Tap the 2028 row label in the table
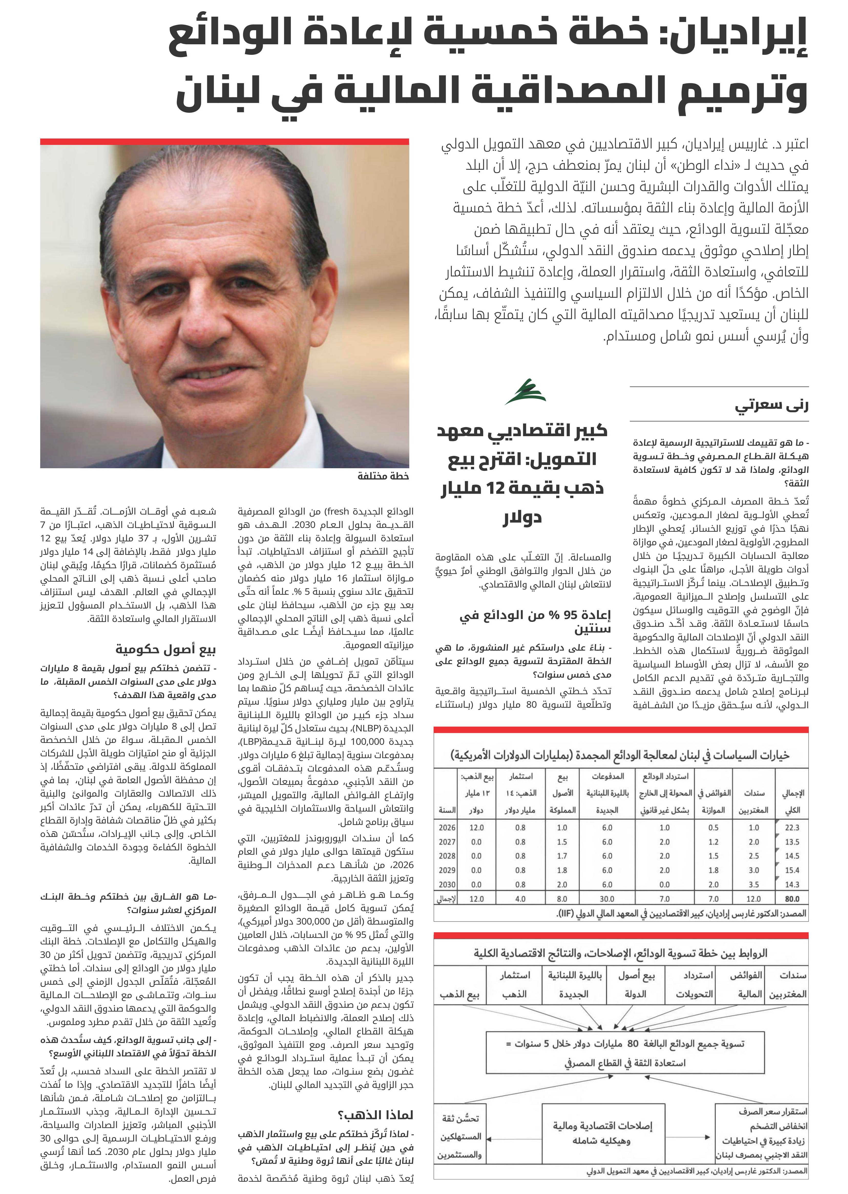(447, 856)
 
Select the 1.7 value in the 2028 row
(562, 856)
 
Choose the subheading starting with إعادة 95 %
(535, 621)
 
